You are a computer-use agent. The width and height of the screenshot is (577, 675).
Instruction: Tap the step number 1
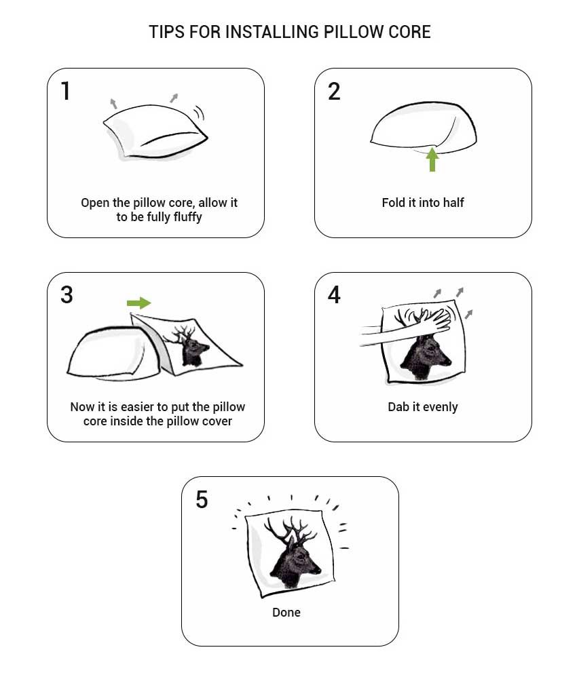[x=66, y=91]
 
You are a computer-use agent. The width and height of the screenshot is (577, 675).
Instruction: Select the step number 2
[x=334, y=91]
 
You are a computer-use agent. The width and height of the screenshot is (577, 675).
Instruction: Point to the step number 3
[x=67, y=295]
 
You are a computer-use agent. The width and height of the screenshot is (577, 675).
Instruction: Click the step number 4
[x=334, y=295]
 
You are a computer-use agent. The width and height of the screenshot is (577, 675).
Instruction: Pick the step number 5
[x=201, y=499]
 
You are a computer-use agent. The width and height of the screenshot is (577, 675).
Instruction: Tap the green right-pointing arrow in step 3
[x=138, y=303]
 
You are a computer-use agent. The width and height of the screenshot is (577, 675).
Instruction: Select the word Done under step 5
[x=286, y=613]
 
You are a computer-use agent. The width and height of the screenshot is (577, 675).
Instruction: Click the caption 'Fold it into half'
[x=423, y=203]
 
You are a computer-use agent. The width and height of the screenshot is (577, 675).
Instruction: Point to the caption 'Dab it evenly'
[x=423, y=407]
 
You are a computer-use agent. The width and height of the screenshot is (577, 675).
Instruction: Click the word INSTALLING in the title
[x=267, y=32]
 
